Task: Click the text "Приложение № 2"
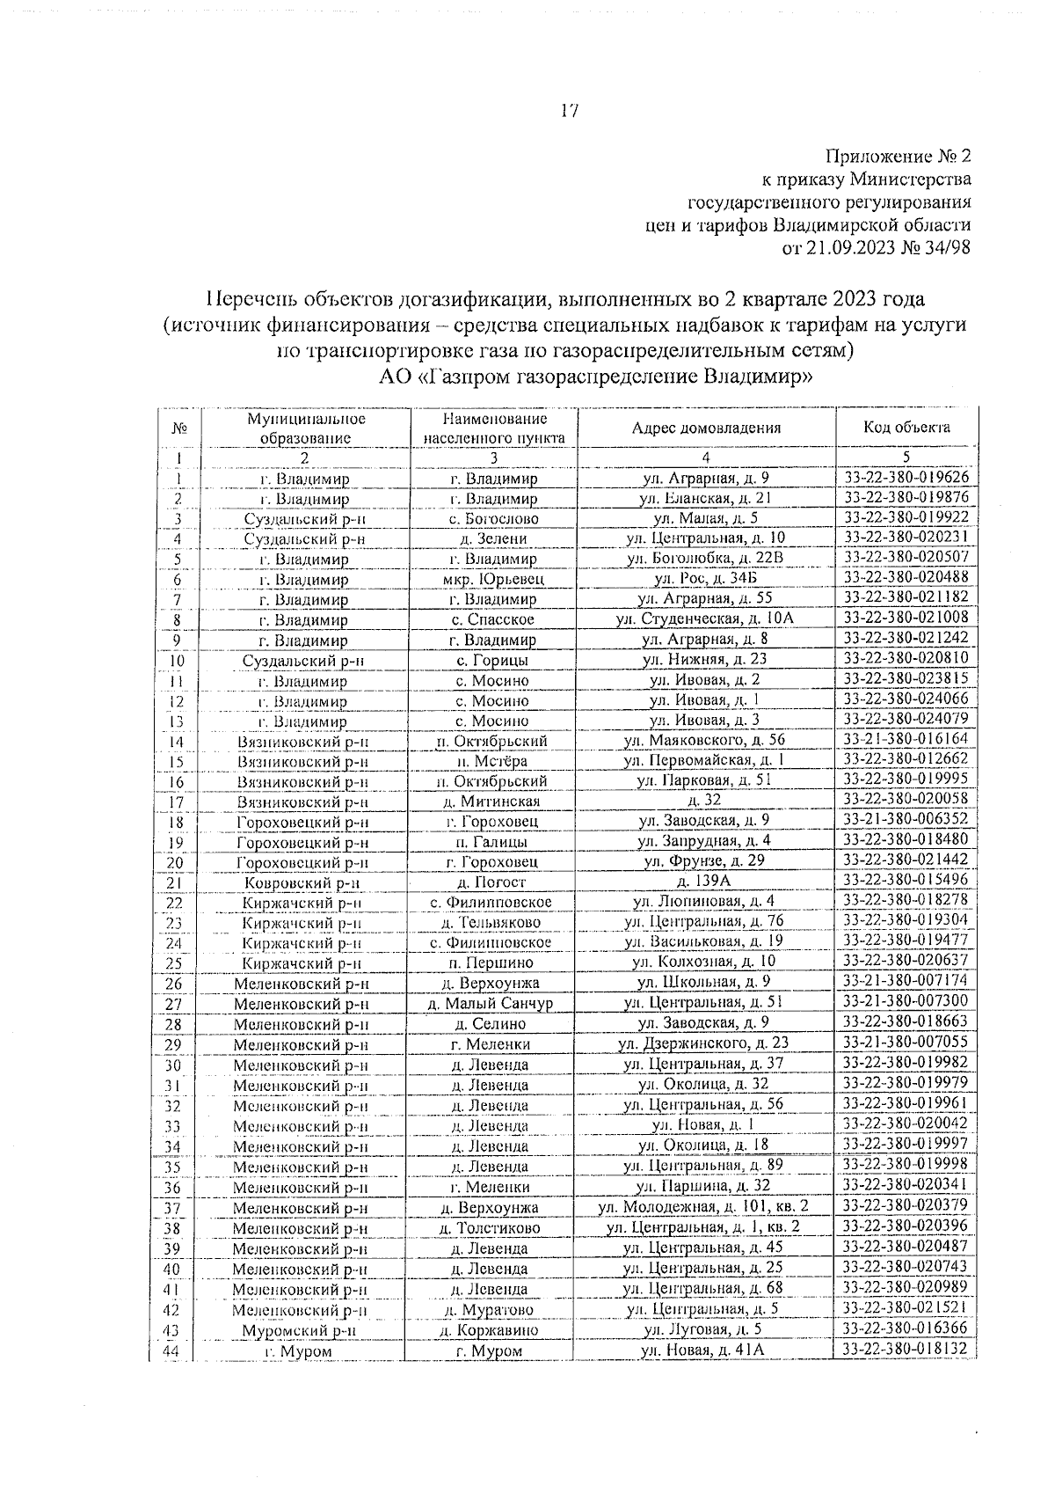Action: tap(898, 157)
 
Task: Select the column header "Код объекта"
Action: tap(906, 428)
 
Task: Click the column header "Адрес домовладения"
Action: tap(706, 428)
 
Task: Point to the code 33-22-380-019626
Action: tap(906, 478)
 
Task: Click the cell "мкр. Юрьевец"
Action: tap(493, 579)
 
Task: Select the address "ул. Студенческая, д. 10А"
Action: tap(705, 619)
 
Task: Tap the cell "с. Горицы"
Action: tap(492, 661)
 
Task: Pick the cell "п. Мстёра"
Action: tap(492, 761)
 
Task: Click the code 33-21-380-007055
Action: tap(906, 1043)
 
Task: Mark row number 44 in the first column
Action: tap(173, 1351)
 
